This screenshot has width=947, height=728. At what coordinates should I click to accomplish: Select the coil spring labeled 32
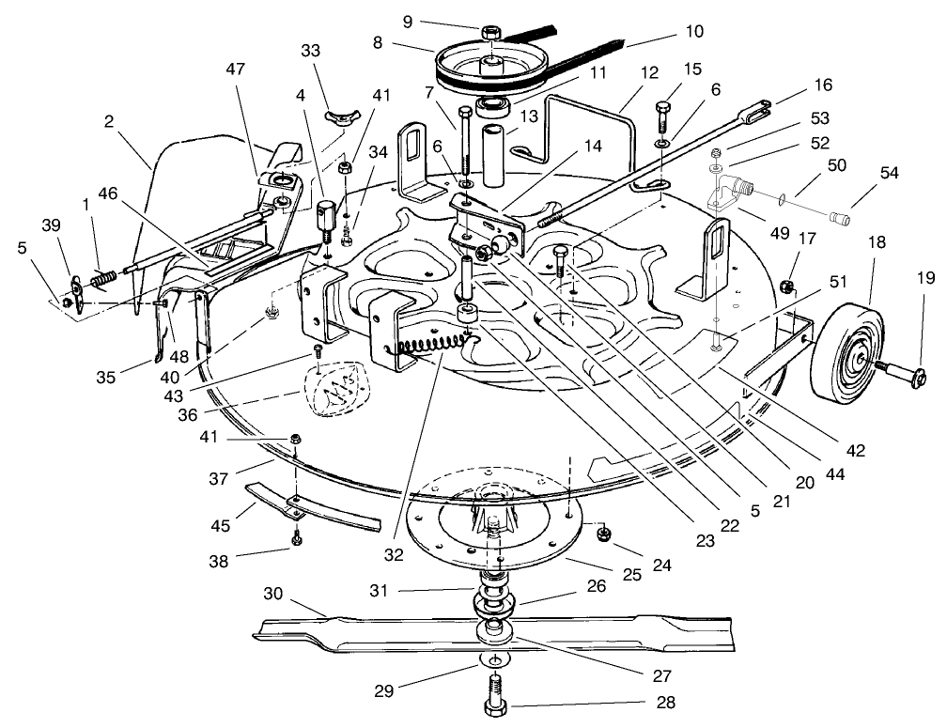tap(427, 345)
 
